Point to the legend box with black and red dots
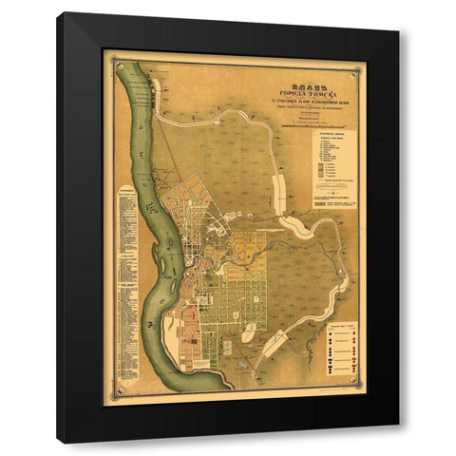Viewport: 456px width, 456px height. (x=340, y=346)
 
